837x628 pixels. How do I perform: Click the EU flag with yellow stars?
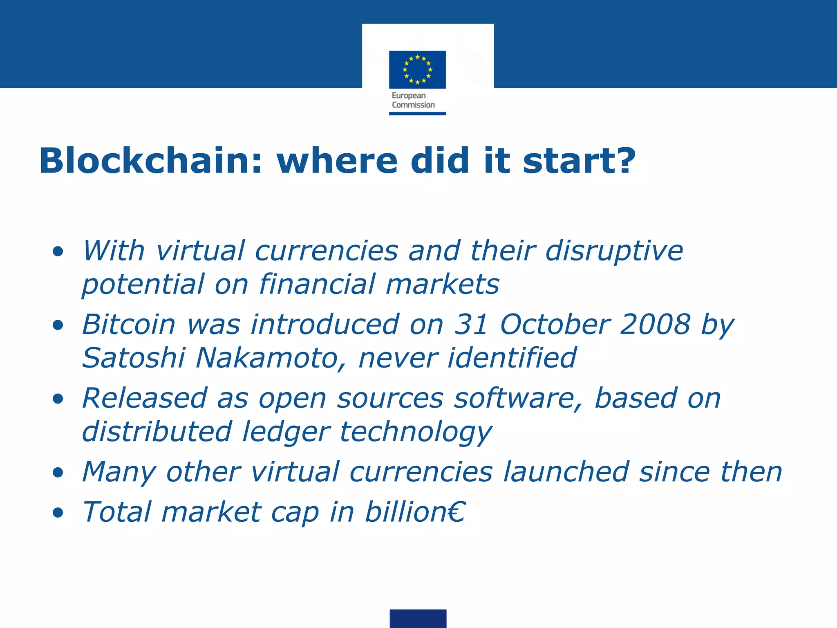coord(417,70)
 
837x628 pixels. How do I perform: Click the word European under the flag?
coord(409,96)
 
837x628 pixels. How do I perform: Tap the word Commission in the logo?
coord(413,105)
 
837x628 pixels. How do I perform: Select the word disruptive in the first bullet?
coord(614,251)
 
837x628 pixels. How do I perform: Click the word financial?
coord(317,285)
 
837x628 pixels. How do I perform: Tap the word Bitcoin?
coord(129,325)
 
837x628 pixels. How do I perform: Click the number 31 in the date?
coord(471,325)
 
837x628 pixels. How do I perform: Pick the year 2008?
coord(655,325)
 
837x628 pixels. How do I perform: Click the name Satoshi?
coord(134,358)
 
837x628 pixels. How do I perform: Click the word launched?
coord(566,472)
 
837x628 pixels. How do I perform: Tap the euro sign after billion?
coord(456,512)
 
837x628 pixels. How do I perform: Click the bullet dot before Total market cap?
coord(58,513)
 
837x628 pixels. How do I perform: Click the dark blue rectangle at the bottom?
coord(418,618)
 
